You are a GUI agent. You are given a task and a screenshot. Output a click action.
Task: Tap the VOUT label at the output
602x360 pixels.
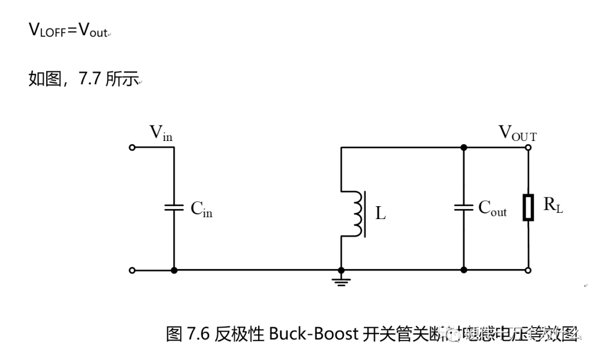click(x=517, y=133)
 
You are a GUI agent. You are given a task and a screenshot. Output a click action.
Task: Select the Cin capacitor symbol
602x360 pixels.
click(x=174, y=207)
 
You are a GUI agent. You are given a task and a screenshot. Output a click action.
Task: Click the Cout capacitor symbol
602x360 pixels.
click(x=463, y=207)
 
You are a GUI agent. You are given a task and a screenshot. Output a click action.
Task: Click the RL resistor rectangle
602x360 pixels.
click(x=528, y=207)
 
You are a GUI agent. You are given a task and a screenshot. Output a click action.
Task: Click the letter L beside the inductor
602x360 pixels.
click(x=380, y=213)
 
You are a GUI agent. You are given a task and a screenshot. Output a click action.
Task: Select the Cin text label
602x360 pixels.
click(x=201, y=209)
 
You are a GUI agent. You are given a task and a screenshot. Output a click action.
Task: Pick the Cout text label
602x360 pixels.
click(x=492, y=208)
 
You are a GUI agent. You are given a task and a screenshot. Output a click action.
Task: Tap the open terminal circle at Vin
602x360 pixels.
click(x=132, y=148)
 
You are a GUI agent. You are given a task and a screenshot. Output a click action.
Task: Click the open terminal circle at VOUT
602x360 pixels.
click(x=528, y=148)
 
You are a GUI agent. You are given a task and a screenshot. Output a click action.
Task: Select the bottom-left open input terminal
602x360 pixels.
click(x=132, y=270)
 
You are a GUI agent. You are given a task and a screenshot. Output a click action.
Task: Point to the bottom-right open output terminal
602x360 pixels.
click(x=528, y=270)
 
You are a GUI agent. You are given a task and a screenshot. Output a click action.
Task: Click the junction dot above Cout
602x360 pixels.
click(x=463, y=148)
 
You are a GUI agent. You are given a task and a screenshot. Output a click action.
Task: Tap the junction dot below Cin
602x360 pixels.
click(x=174, y=270)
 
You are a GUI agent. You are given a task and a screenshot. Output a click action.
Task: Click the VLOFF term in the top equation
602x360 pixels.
click(x=47, y=31)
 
